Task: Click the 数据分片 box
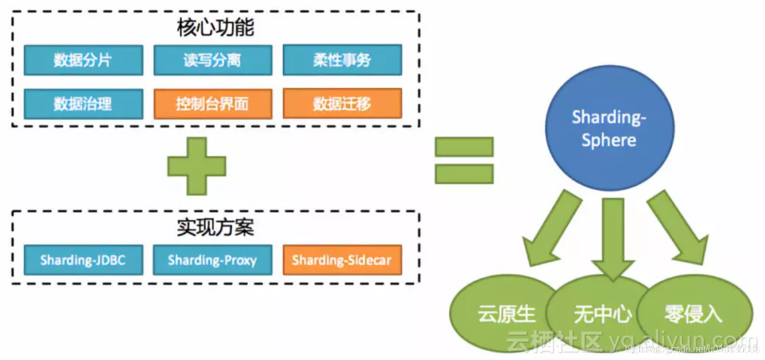83,60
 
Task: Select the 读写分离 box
213,60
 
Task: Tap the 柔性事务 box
342,60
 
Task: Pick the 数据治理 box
83,103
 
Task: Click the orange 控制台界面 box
213,103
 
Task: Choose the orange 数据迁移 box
342,103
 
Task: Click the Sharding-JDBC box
83,260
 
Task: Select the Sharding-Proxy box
213,260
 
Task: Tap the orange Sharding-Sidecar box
342,260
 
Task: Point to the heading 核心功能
215,27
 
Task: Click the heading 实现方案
215,227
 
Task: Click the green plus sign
197,166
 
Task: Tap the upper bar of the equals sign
464,147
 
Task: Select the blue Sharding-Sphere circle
609,129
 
